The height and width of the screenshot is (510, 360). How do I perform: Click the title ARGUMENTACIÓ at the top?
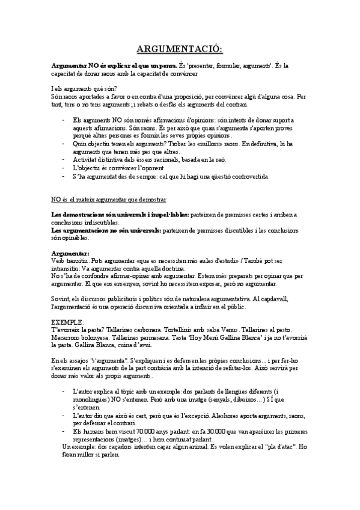click(x=180, y=49)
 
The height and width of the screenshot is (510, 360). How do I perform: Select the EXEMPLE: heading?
click(x=68, y=322)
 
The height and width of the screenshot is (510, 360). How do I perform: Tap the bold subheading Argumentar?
click(x=70, y=253)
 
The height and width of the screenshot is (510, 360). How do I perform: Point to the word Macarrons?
click(x=67, y=338)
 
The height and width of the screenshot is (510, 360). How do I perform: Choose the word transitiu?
click(x=79, y=260)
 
